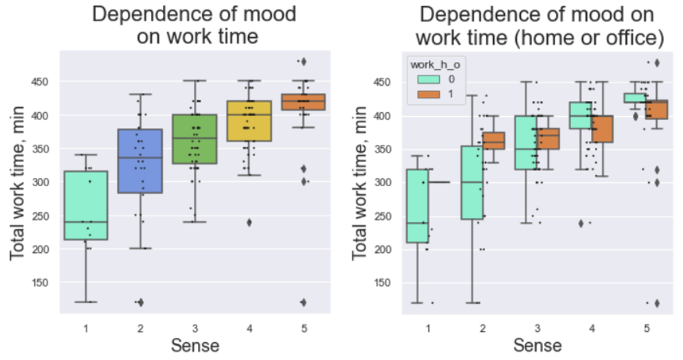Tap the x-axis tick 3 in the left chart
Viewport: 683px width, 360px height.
(194, 328)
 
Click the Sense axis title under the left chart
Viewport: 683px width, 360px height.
(194, 344)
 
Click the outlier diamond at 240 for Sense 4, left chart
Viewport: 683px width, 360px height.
(249, 222)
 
